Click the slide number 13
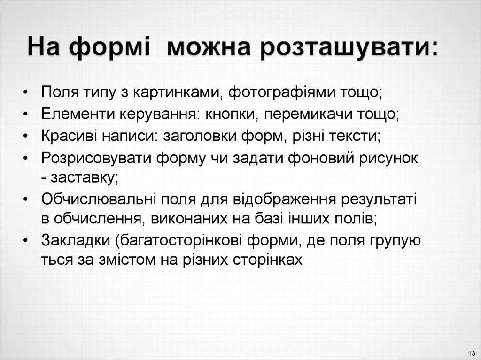(x=471, y=352)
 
